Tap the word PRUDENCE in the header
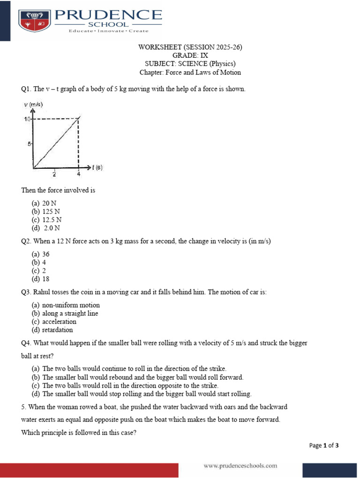click(x=109, y=15)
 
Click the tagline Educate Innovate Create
click(x=109, y=31)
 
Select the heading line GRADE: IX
click(x=190, y=55)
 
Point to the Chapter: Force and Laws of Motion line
click(x=190, y=72)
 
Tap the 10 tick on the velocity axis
click(x=27, y=119)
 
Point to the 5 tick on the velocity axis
click(x=29, y=144)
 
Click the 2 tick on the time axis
click(x=54, y=174)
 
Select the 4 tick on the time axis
click(x=78, y=174)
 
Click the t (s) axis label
click(x=97, y=167)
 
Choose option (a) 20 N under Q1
click(x=44, y=203)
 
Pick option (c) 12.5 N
click(x=46, y=219)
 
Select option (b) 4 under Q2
click(x=38, y=262)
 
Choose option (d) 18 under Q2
click(x=40, y=279)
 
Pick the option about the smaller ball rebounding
click(x=137, y=377)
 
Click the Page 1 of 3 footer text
click(x=324, y=445)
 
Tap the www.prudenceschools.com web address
click(x=240, y=465)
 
